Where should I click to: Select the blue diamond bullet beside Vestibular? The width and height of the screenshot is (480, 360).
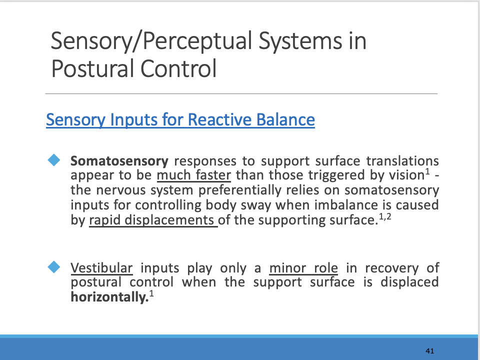pyautogui.click(x=53, y=266)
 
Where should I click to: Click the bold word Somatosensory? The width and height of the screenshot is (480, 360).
pyautogui.click(x=119, y=161)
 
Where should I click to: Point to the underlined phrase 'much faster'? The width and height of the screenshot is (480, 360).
pyautogui.click(x=193, y=176)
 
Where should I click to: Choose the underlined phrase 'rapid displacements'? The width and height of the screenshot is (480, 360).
pyautogui.click(x=152, y=220)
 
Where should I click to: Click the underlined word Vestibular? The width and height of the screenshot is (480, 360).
pyautogui.click(x=101, y=268)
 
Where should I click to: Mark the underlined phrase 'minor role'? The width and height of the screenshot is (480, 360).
pyautogui.click(x=303, y=268)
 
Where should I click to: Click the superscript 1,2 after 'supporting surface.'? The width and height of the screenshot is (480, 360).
pyautogui.click(x=384, y=215)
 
